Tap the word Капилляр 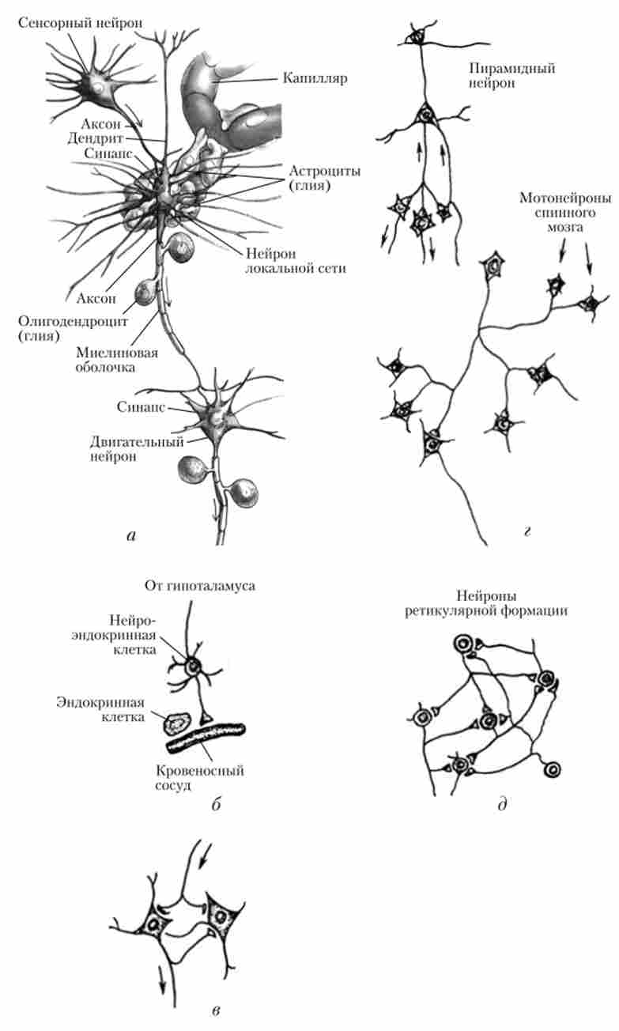point(312,79)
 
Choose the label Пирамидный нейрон point(510,75)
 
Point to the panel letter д point(502,806)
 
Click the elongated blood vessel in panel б point(206,736)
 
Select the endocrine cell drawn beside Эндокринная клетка point(177,721)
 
